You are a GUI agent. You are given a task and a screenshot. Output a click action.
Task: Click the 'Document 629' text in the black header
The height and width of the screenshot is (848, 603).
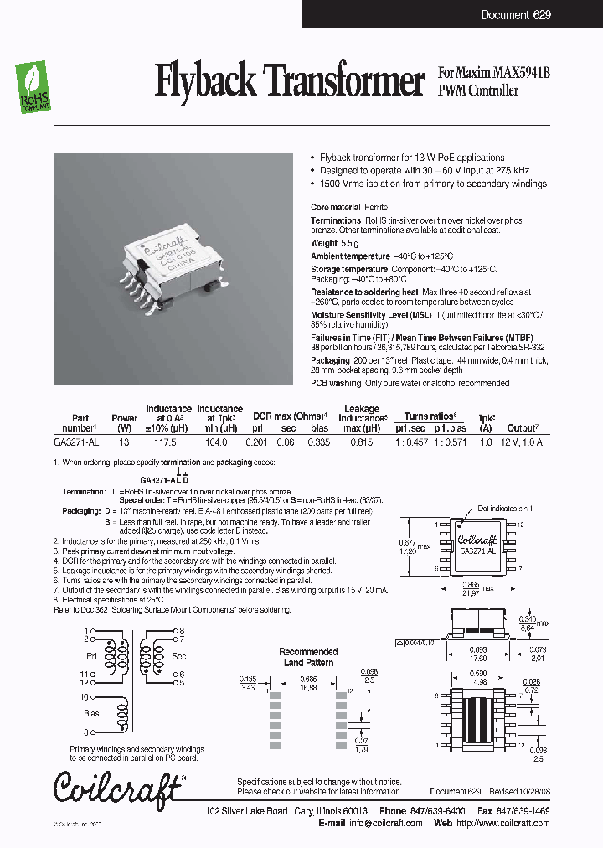[516, 15]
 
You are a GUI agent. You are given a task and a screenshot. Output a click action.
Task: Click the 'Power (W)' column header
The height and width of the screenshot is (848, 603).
[125, 422]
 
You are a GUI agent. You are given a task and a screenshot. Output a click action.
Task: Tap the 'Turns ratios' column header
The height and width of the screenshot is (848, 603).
[431, 416]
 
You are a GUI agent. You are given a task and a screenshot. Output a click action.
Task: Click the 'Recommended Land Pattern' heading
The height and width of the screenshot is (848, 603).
[308, 657]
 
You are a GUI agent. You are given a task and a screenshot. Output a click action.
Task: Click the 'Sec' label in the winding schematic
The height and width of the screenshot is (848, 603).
[178, 655]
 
